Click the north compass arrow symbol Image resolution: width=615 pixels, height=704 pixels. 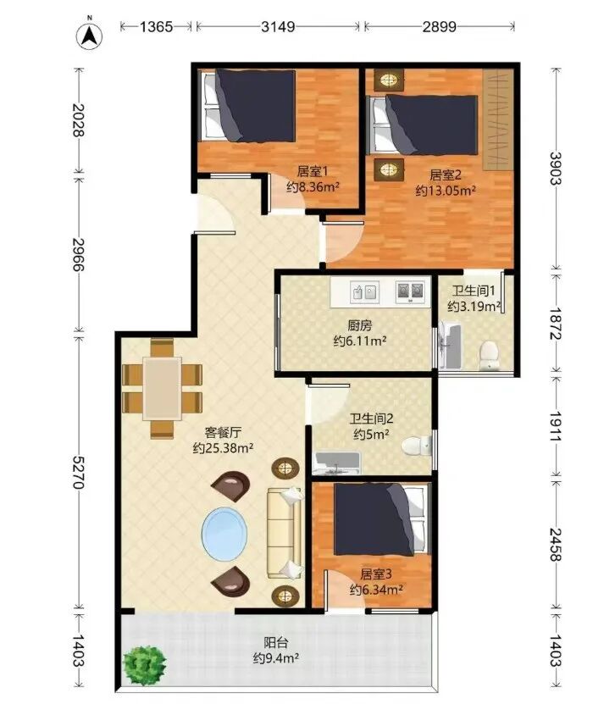point(89,36)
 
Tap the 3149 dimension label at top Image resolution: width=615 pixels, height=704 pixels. point(279,27)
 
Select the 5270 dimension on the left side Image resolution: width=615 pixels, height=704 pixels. point(78,472)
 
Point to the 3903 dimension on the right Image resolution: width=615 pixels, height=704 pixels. point(556,169)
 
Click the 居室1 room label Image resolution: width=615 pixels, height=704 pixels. point(313,171)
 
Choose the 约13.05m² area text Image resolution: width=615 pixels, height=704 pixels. point(446,191)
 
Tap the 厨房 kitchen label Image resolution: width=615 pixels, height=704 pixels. point(359,325)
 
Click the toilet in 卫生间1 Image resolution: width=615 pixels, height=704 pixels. point(489,356)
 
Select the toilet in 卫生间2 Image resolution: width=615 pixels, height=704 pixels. point(416,446)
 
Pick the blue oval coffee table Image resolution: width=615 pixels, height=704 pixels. point(224,535)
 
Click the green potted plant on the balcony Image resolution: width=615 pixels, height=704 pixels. point(145,666)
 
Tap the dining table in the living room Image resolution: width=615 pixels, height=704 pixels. point(162,388)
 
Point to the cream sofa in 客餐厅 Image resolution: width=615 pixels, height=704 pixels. point(284,533)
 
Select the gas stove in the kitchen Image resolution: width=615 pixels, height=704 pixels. point(410,291)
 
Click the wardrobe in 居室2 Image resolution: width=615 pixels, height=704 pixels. point(498,119)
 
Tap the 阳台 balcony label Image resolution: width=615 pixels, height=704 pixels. point(276,643)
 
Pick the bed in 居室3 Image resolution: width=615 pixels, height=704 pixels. point(380,519)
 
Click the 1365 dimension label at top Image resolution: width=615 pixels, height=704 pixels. point(156,27)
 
